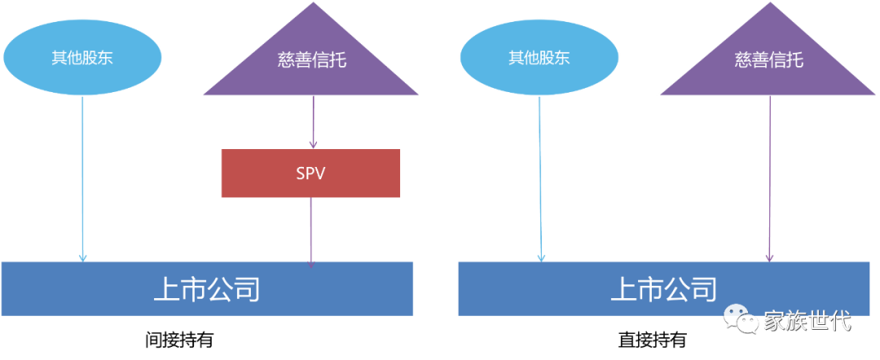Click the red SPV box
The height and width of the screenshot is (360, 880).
point(310,173)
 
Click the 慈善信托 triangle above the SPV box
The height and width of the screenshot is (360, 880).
point(311,65)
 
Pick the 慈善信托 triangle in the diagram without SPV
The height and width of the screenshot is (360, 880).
point(768,65)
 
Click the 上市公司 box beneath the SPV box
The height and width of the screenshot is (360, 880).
point(207,289)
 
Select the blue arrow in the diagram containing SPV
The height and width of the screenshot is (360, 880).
point(82,179)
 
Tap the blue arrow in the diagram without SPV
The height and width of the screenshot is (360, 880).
point(539,179)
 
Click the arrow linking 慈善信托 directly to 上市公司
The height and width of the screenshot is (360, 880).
point(770,179)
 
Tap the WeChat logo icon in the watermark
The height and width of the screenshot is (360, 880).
point(741,318)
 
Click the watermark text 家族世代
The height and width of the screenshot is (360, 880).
point(807,320)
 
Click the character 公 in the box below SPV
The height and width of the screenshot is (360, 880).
point(219,289)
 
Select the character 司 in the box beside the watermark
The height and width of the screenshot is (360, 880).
point(704,289)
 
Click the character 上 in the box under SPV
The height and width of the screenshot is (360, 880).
point(166,289)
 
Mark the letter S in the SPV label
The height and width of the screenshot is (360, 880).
point(300,173)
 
